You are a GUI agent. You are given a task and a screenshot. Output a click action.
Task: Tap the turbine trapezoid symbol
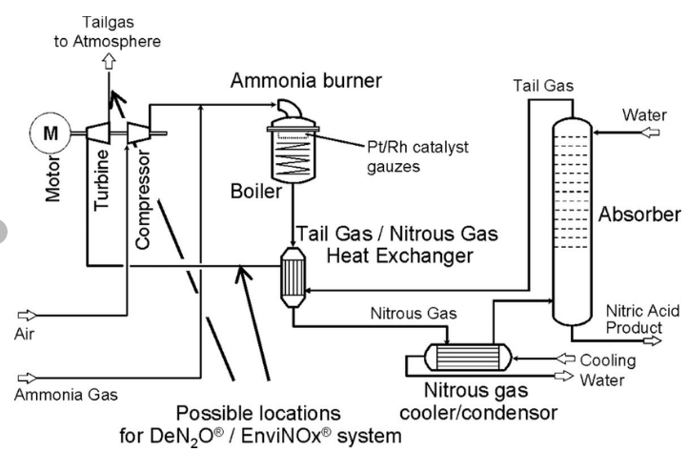[101, 134]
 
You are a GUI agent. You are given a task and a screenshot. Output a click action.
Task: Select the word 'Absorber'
[637, 216]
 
